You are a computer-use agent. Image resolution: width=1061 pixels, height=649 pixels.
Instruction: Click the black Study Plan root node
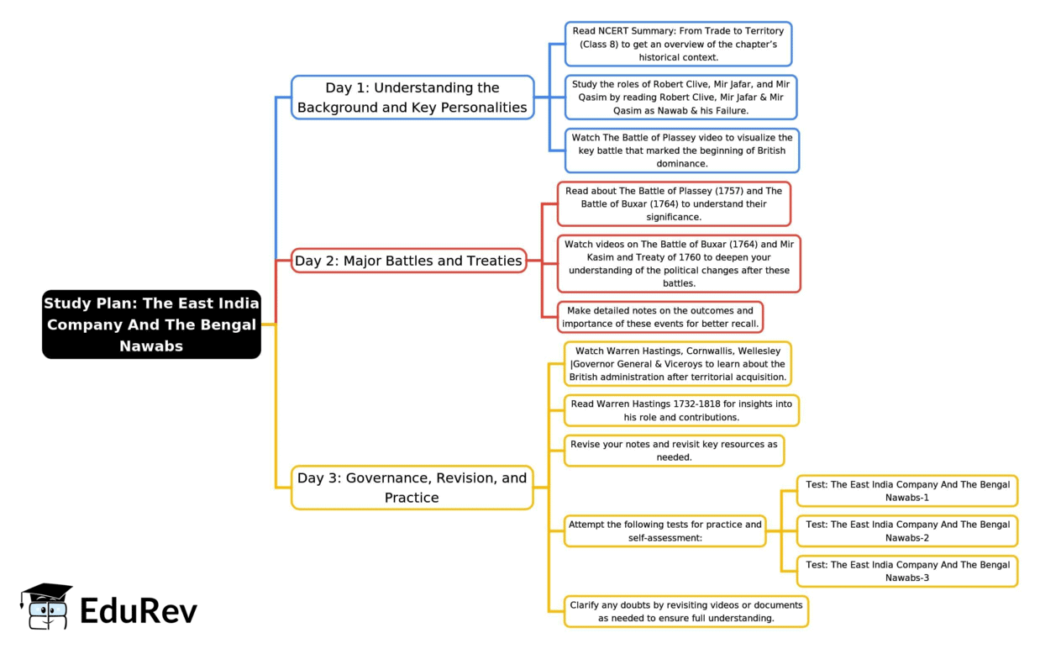152,324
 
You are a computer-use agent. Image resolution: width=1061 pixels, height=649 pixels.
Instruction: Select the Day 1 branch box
412,98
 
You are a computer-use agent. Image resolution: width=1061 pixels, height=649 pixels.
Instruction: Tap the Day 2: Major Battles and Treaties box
408,261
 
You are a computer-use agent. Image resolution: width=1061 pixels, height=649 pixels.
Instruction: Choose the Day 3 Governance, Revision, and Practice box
412,488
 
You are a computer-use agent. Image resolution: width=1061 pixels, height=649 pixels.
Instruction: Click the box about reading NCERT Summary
678,44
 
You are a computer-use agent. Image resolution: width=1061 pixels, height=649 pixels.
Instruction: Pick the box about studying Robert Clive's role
680,97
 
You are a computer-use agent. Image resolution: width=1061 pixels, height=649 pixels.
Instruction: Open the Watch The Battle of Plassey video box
682,150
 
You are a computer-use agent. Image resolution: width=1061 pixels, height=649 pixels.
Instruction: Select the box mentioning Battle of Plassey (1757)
674,203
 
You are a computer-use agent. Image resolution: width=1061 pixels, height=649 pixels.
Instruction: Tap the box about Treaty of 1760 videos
679,264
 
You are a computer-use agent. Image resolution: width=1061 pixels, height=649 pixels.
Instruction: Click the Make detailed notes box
660,317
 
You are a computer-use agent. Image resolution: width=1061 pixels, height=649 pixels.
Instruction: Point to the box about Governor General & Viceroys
678,363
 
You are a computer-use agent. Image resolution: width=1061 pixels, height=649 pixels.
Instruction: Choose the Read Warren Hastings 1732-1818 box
681,410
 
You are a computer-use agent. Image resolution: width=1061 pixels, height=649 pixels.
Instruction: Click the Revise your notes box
674,451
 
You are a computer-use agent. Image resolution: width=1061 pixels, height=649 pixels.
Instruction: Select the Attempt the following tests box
664,530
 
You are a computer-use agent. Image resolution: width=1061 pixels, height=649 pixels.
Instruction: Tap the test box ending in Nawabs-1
907,491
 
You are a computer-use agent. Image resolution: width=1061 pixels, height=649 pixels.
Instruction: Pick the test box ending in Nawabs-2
907,530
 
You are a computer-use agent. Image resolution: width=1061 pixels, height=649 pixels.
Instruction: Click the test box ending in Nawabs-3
907,571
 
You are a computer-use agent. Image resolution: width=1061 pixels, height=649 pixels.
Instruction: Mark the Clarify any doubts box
686,611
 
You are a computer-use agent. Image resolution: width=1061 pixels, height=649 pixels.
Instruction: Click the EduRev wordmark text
139,611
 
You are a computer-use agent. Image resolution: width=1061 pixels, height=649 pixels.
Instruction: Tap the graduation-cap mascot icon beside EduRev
45,606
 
